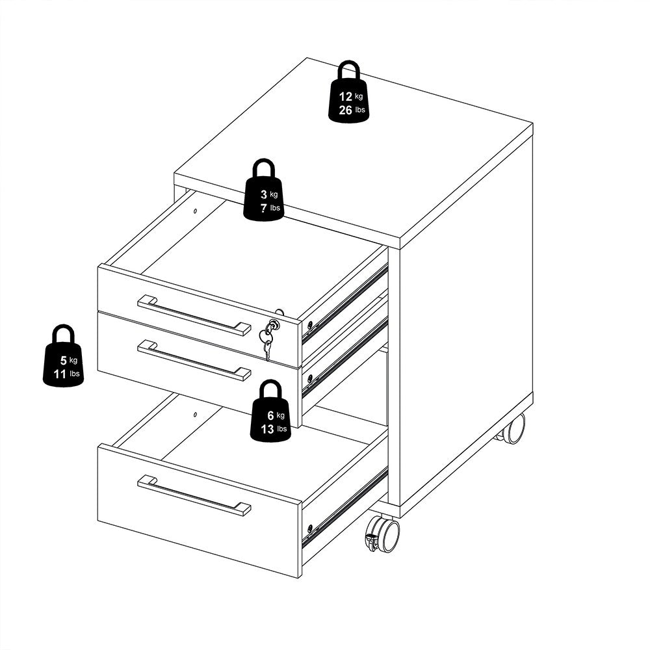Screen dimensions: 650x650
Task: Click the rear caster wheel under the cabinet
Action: [513, 429]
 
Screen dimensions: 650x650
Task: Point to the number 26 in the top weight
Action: [345, 110]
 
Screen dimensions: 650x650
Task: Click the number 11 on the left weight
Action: [60, 374]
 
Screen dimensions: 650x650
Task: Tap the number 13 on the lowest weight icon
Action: [267, 429]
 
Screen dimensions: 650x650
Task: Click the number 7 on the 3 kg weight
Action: [263, 208]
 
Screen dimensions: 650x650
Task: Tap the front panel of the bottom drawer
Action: [195, 520]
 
